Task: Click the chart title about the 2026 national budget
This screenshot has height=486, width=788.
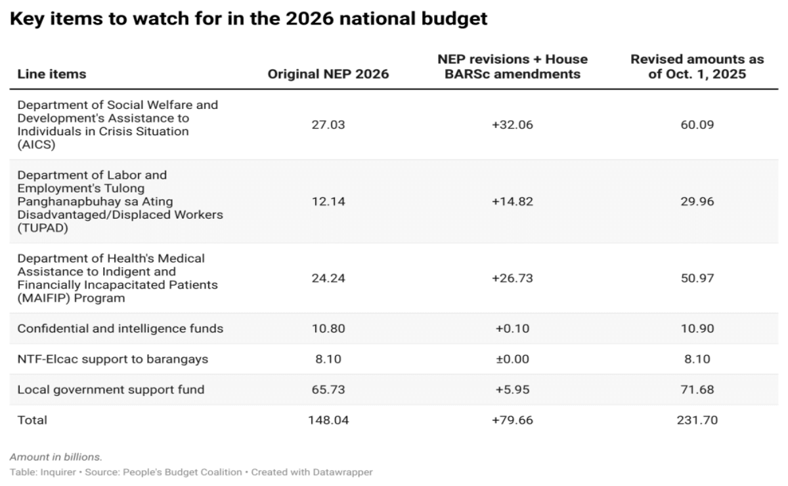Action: pos(249,19)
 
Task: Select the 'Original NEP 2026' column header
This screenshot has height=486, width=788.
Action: pos(328,74)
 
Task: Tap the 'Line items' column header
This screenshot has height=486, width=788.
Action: pos(51,74)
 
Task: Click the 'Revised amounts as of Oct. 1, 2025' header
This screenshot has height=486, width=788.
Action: pos(697,67)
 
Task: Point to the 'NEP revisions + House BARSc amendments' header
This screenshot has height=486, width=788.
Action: pos(512,67)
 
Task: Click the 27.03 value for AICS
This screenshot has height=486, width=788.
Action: pos(328,125)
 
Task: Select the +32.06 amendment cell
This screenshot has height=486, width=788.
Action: pos(512,125)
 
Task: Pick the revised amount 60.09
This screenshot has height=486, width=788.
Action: pos(697,125)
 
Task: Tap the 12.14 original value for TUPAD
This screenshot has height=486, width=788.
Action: pos(328,202)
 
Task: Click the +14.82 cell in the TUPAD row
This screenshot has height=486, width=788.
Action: pos(512,202)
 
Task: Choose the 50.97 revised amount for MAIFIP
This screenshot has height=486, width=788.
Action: pos(697,278)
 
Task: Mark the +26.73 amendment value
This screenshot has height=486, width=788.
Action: pos(512,278)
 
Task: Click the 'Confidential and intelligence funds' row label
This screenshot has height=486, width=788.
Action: pos(120,328)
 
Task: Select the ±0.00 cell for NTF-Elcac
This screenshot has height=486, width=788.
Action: pos(512,359)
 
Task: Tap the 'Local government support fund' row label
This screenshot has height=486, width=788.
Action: pos(110,389)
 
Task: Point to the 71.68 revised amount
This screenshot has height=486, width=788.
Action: pos(697,389)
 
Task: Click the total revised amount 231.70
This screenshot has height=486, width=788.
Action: pos(697,420)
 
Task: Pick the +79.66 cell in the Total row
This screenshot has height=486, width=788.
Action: pos(512,420)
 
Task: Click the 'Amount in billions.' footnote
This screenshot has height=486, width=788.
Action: pos(56,456)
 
